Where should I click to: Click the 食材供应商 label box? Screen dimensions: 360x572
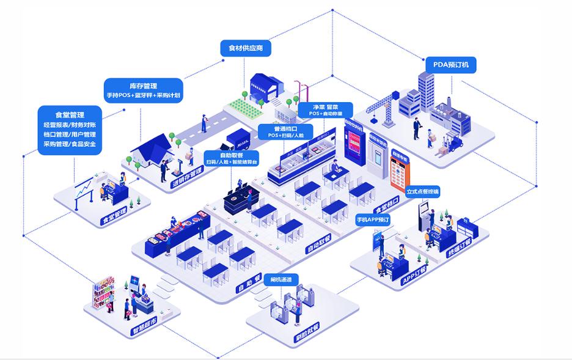point(245,48)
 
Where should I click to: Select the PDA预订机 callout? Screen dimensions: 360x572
point(450,65)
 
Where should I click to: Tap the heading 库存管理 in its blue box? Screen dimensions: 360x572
point(143,86)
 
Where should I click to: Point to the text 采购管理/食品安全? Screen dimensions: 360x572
point(69,145)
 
